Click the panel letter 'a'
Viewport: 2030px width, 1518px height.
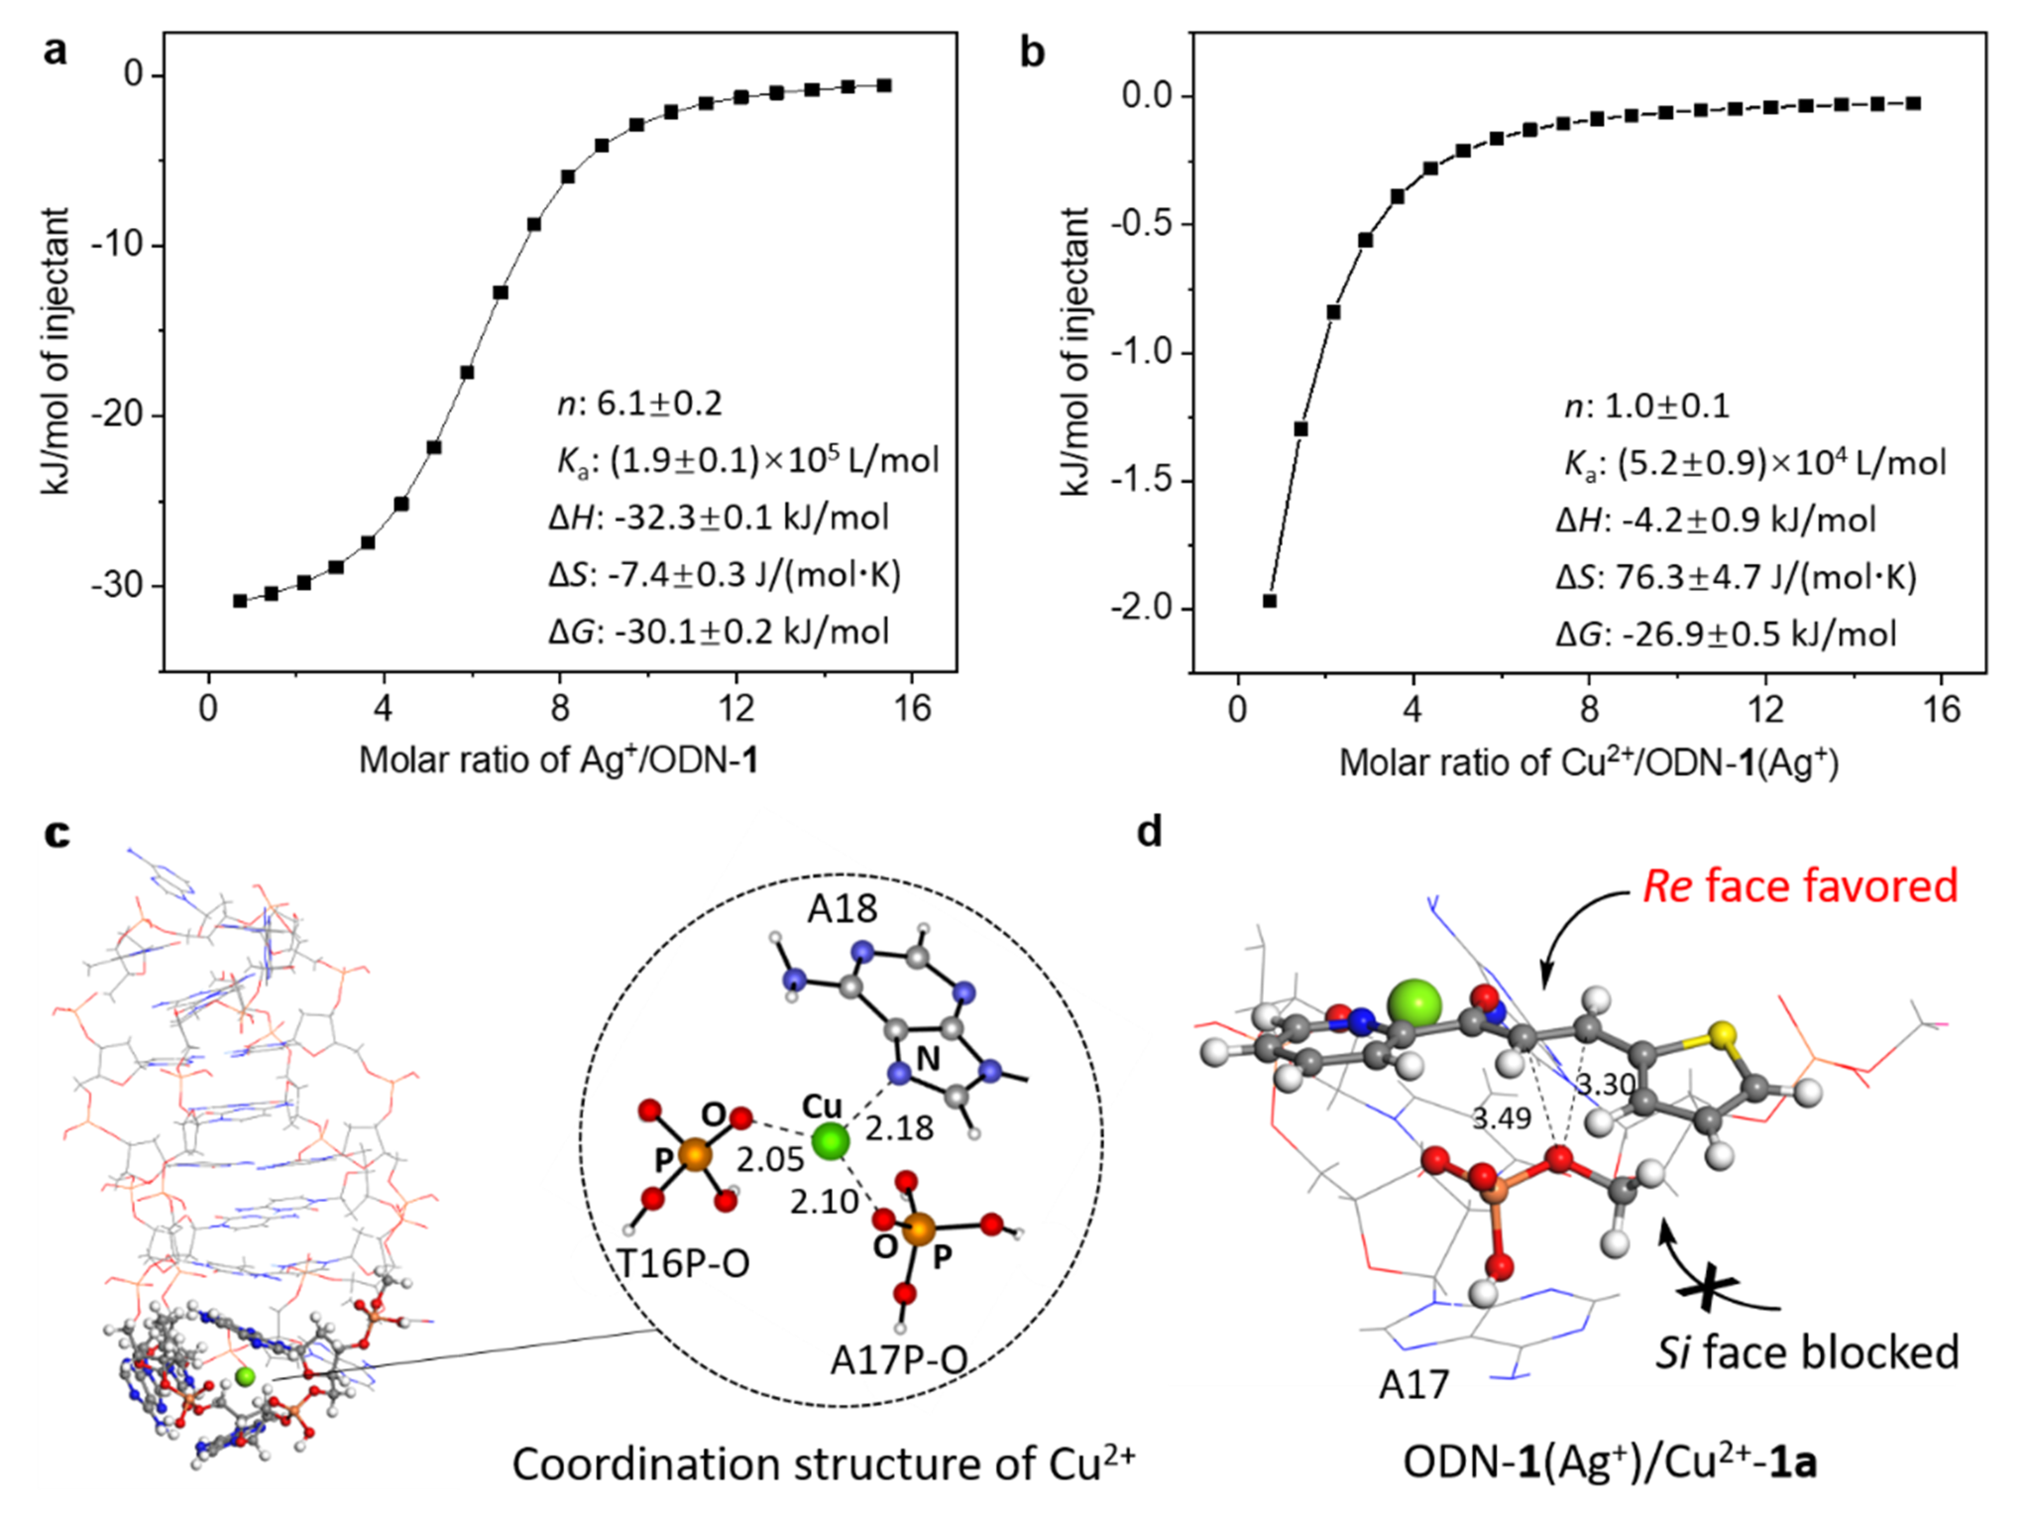coord(56,50)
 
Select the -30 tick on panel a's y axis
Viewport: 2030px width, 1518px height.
coord(119,586)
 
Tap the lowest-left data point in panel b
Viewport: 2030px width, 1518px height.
coord(1270,601)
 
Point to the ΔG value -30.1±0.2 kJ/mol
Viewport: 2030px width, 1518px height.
coord(720,632)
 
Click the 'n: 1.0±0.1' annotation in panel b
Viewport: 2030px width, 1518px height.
coord(1646,407)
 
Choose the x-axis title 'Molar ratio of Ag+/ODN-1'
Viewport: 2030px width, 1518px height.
coord(558,760)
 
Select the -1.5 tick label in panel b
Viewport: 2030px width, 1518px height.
coord(1142,481)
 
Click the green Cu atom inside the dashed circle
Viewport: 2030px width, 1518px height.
coord(830,1141)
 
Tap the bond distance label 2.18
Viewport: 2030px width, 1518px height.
coord(899,1128)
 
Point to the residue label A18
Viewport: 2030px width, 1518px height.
coord(842,908)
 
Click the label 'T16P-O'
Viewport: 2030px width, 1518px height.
coord(683,1264)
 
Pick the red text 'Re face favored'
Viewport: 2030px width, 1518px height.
coord(1800,885)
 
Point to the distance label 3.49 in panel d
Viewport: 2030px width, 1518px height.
coord(1502,1119)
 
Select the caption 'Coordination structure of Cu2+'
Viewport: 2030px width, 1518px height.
coord(823,1464)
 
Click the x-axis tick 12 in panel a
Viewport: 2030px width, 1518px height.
coord(736,708)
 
